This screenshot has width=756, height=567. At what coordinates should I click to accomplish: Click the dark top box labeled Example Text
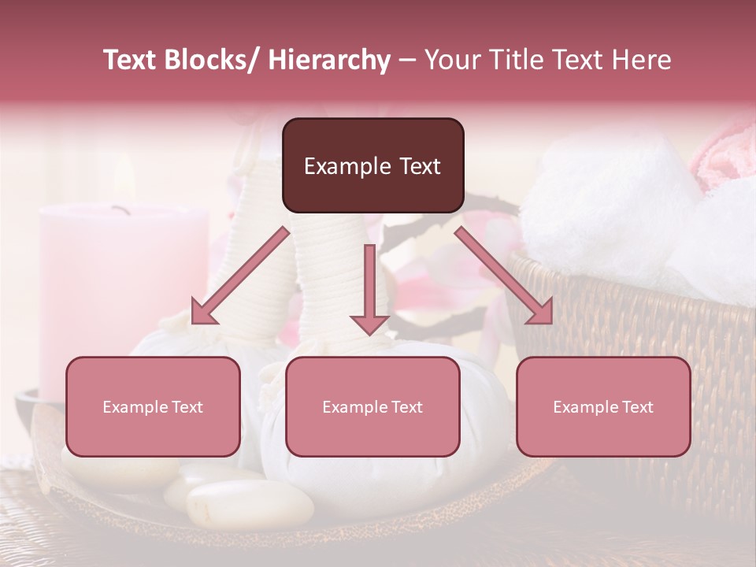click(372, 165)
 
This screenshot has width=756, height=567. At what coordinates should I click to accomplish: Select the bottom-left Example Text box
click(153, 406)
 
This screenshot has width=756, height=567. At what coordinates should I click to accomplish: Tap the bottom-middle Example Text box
click(372, 406)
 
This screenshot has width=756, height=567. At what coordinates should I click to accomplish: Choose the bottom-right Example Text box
click(603, 406)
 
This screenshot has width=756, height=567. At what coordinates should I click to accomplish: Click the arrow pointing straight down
click(369, 291)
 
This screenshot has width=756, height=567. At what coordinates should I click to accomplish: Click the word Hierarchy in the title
click(328, 60)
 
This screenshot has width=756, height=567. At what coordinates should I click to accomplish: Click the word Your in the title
click(449, 60)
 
